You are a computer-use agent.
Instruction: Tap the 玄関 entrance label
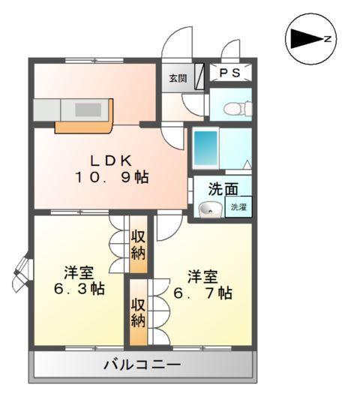(x=177, y=78)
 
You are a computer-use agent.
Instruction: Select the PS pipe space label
(x=230, y=72)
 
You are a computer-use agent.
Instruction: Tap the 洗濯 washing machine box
(x=238, y=206)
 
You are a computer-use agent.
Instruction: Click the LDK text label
(x=112, y=159)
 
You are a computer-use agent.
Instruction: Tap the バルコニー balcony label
(x=142, y=366)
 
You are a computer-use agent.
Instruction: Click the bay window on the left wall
(x=21, y=273)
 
